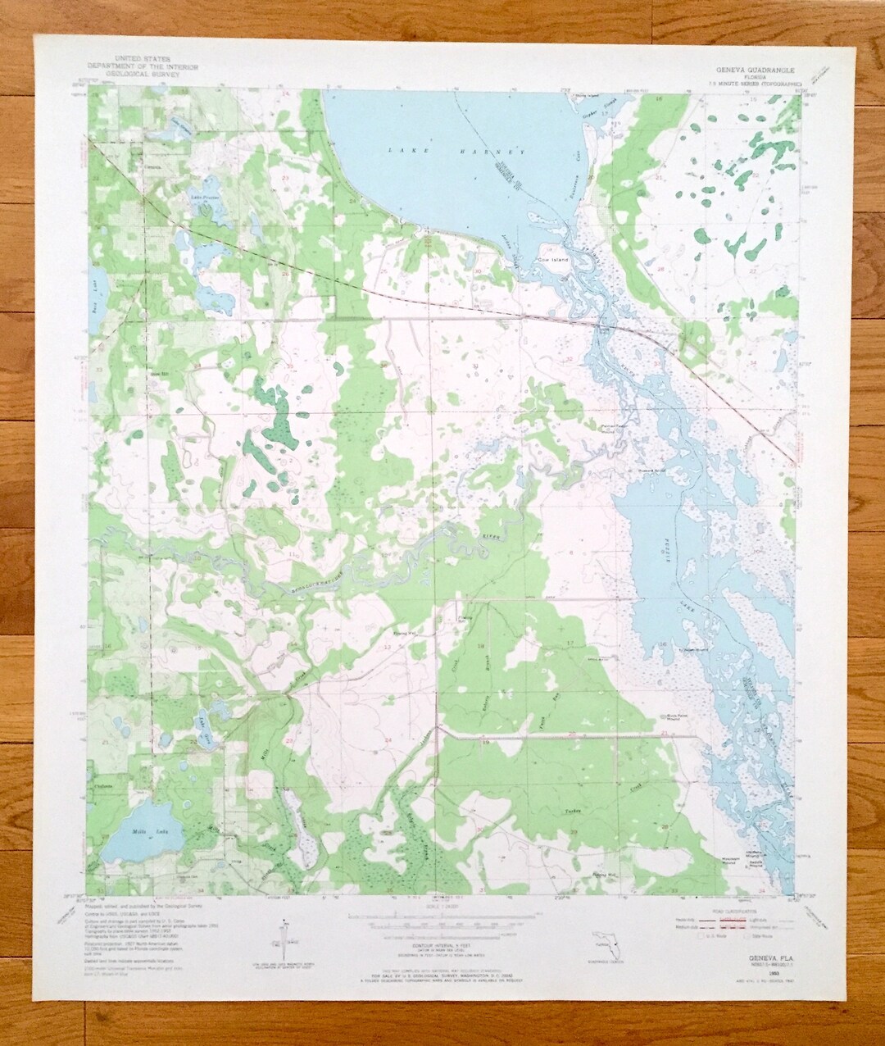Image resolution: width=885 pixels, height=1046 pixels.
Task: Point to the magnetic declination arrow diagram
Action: tap(285, 936)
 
